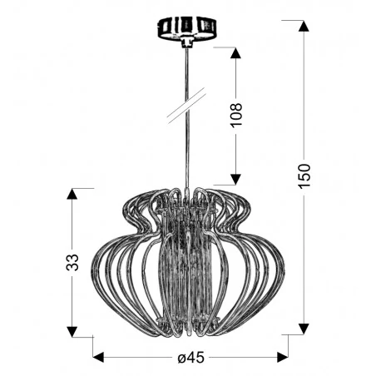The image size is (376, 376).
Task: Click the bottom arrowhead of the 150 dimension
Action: (304, 326)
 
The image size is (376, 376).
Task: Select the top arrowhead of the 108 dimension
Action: (235, 55)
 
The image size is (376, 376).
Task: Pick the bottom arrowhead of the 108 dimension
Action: (235, 177)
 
